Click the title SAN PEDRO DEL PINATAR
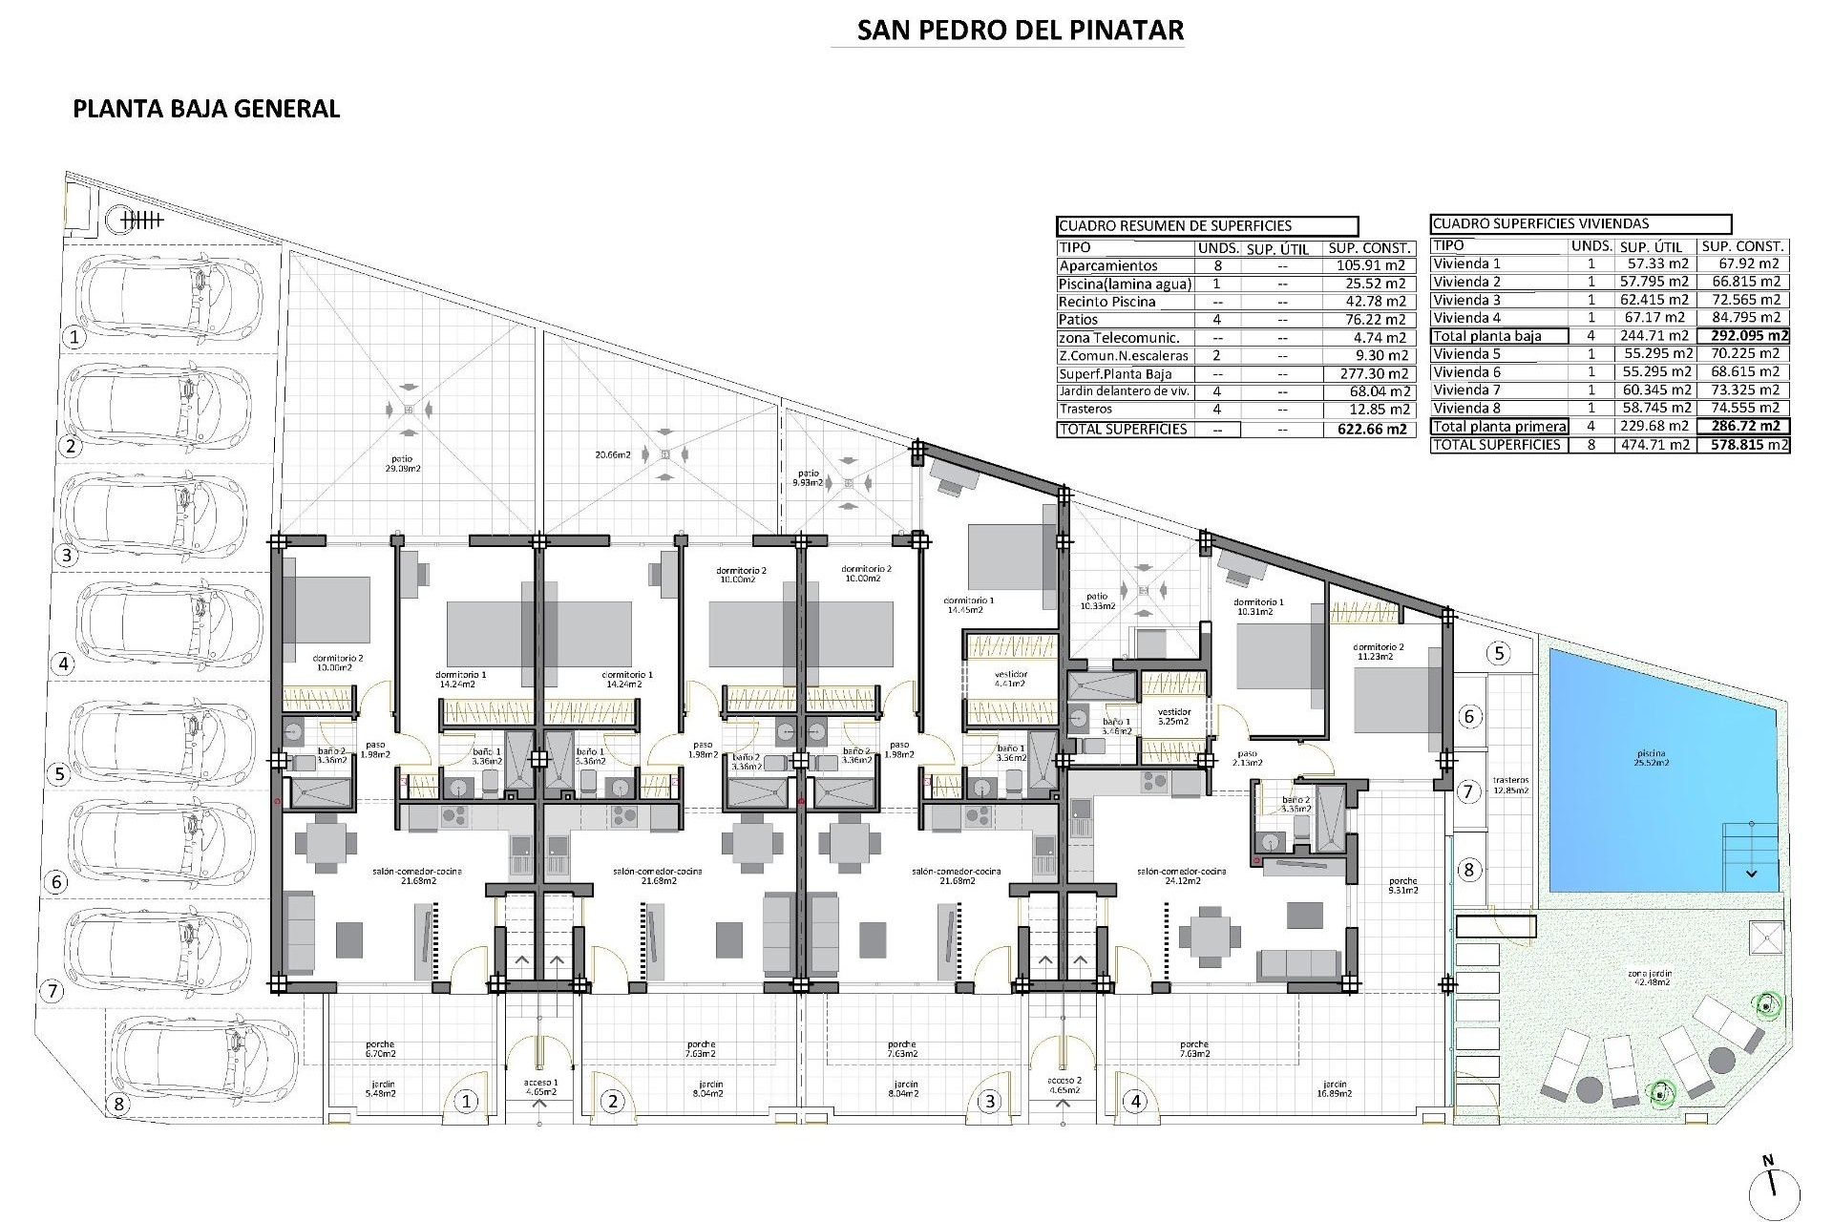(x=1020, y=31)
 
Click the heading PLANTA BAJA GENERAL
(x=206, y=109)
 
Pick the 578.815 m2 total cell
(x=1743, y=445)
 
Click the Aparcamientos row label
(x=1107, y=266)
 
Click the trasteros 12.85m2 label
(x=1510, y=785)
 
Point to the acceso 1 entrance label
(x=539, y=1086)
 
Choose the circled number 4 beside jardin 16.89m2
(x=1135, y=1102)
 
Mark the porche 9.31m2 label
(x=1403, y=885)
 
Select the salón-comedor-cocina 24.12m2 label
(x=1182, y=875)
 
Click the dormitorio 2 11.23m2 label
(x=1379, y=652)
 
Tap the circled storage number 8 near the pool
(x=1469, y=870)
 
